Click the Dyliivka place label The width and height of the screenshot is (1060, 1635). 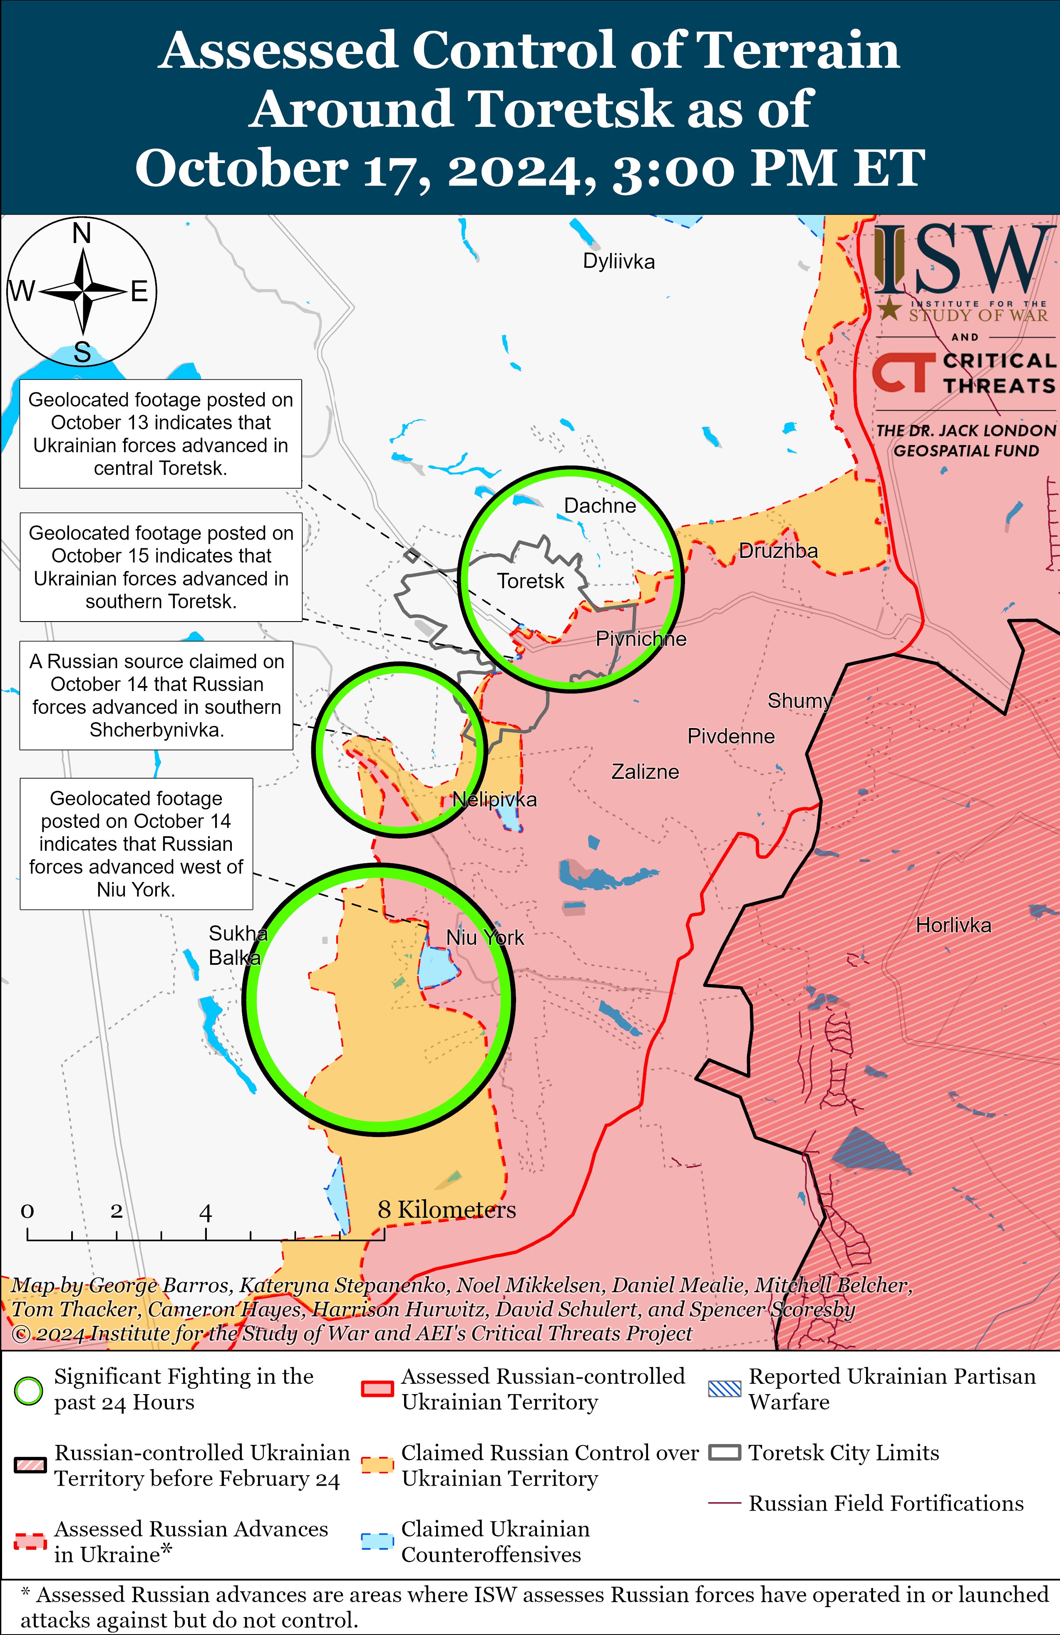coord(619,262)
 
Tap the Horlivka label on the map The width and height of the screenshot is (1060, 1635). coord(953,925)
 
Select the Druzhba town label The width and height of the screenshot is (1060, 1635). coord(778,551)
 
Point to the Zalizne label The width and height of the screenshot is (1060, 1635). coord(645,772)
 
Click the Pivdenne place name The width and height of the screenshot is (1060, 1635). coord(731,736)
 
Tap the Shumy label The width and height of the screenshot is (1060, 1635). coord(799,701)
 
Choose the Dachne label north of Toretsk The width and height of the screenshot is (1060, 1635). coord(599,506)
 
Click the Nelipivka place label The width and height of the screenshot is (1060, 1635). coord(494,800)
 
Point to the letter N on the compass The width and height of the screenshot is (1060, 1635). coord(82,234)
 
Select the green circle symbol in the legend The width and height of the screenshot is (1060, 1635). coord(29,1390)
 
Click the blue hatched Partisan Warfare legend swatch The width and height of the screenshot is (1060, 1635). coord(725,1389)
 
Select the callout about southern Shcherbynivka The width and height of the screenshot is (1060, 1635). coord(157,695)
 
